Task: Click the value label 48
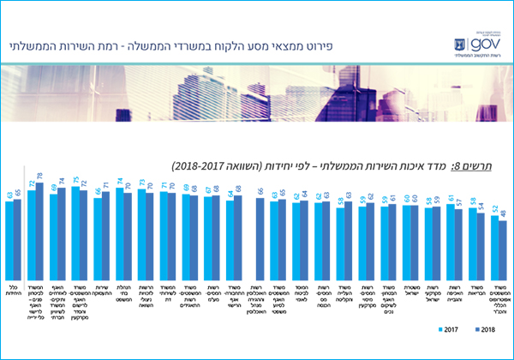[x=504, y=212]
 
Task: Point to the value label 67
[x=210, y=190]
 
